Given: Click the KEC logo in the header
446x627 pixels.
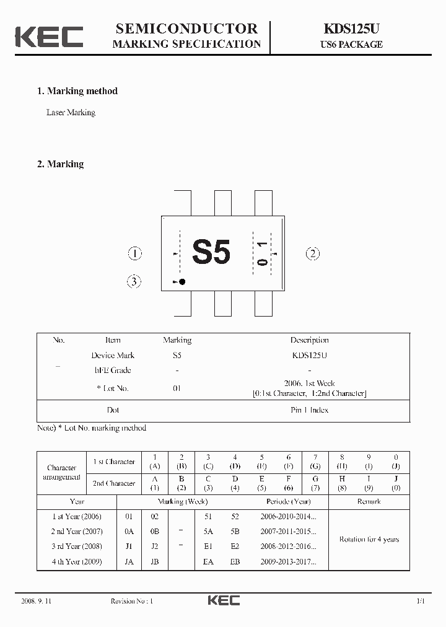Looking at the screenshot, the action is point(49,37).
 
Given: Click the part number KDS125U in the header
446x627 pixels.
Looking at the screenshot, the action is point(351,29).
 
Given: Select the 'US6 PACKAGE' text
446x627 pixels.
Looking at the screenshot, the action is point(351,45).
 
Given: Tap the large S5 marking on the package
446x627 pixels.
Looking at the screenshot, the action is point(211,252).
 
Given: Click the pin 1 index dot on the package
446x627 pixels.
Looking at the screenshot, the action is point(182,282).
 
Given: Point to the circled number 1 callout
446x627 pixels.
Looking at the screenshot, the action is point(134,253).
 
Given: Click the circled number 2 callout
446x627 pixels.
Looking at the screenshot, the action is point(313,253).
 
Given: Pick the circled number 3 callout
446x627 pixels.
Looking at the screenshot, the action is point(134,282).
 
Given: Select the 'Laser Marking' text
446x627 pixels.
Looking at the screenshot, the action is point(71,113).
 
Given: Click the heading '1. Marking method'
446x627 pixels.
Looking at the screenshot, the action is point(77,91).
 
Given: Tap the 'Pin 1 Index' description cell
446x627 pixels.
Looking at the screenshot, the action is point(309,410).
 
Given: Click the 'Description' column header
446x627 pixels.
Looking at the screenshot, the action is point(309,340).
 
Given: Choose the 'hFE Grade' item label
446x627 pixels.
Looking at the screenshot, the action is point(113,370).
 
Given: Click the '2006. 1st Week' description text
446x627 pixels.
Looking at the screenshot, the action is point(309,384).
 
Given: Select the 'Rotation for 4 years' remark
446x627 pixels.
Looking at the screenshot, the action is point(369,539).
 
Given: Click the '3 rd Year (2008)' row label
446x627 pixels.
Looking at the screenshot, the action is point(77,546).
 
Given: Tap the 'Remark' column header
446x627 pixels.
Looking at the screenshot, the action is point(369,501).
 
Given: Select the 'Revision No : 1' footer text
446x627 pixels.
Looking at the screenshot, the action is point(131,601).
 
